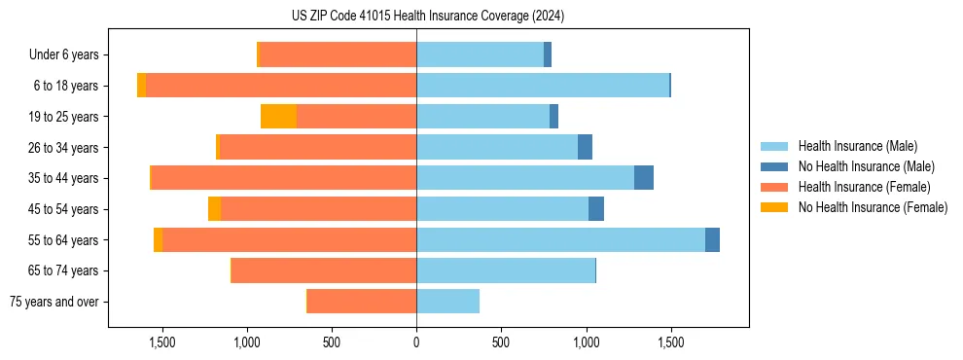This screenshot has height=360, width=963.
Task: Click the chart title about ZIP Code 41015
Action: click(x=427, y=16)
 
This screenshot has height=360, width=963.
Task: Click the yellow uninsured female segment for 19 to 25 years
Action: click(x=278, y=117)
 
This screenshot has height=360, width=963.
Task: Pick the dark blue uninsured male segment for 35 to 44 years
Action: click(x=644, y=178)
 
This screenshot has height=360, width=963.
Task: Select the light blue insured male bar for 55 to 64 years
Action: click(x=560, y=239)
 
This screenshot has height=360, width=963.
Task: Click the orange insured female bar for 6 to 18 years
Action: click(x=281, y=86)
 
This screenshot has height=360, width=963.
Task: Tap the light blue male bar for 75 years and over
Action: click(x=447, y=302)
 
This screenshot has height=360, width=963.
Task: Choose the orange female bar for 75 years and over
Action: click(x=362, y=302)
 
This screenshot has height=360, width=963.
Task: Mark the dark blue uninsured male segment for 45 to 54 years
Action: click(x=596, y=209)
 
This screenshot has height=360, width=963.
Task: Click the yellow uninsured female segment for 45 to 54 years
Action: click(x=214, y=209)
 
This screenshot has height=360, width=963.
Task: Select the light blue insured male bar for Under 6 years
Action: click(x=480, y=55)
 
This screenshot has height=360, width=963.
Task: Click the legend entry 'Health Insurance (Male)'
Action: click(x=857, y=146)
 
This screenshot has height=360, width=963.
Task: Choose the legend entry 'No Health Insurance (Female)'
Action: click(x=873, y=207)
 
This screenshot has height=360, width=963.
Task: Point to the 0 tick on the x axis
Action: click(x=416, y=342)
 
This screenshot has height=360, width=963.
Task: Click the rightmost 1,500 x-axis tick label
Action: click(x=670, y=342)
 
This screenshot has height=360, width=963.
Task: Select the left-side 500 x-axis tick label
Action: click(x=332, y=342)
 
